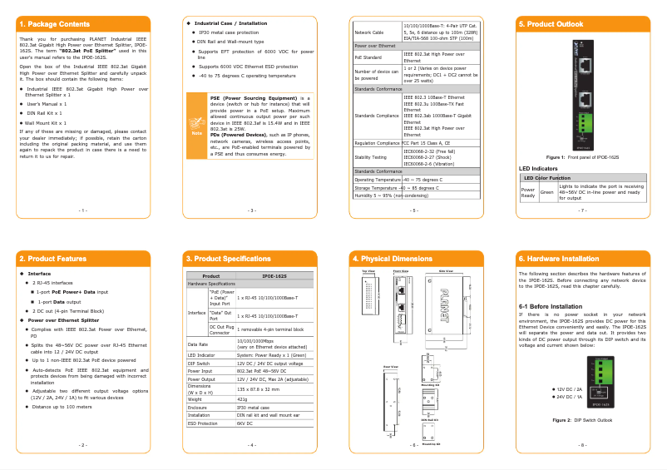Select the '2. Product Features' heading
(52, 259)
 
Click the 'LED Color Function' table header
(546, 178)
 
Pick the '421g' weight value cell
(243, 399)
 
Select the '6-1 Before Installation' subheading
(550, 306)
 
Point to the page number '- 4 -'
(251, 445)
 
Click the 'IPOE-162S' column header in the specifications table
(274, 275)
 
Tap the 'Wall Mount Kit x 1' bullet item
(47, 122)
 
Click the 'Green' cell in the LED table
(546, 192)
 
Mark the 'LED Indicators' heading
(538, 168)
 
